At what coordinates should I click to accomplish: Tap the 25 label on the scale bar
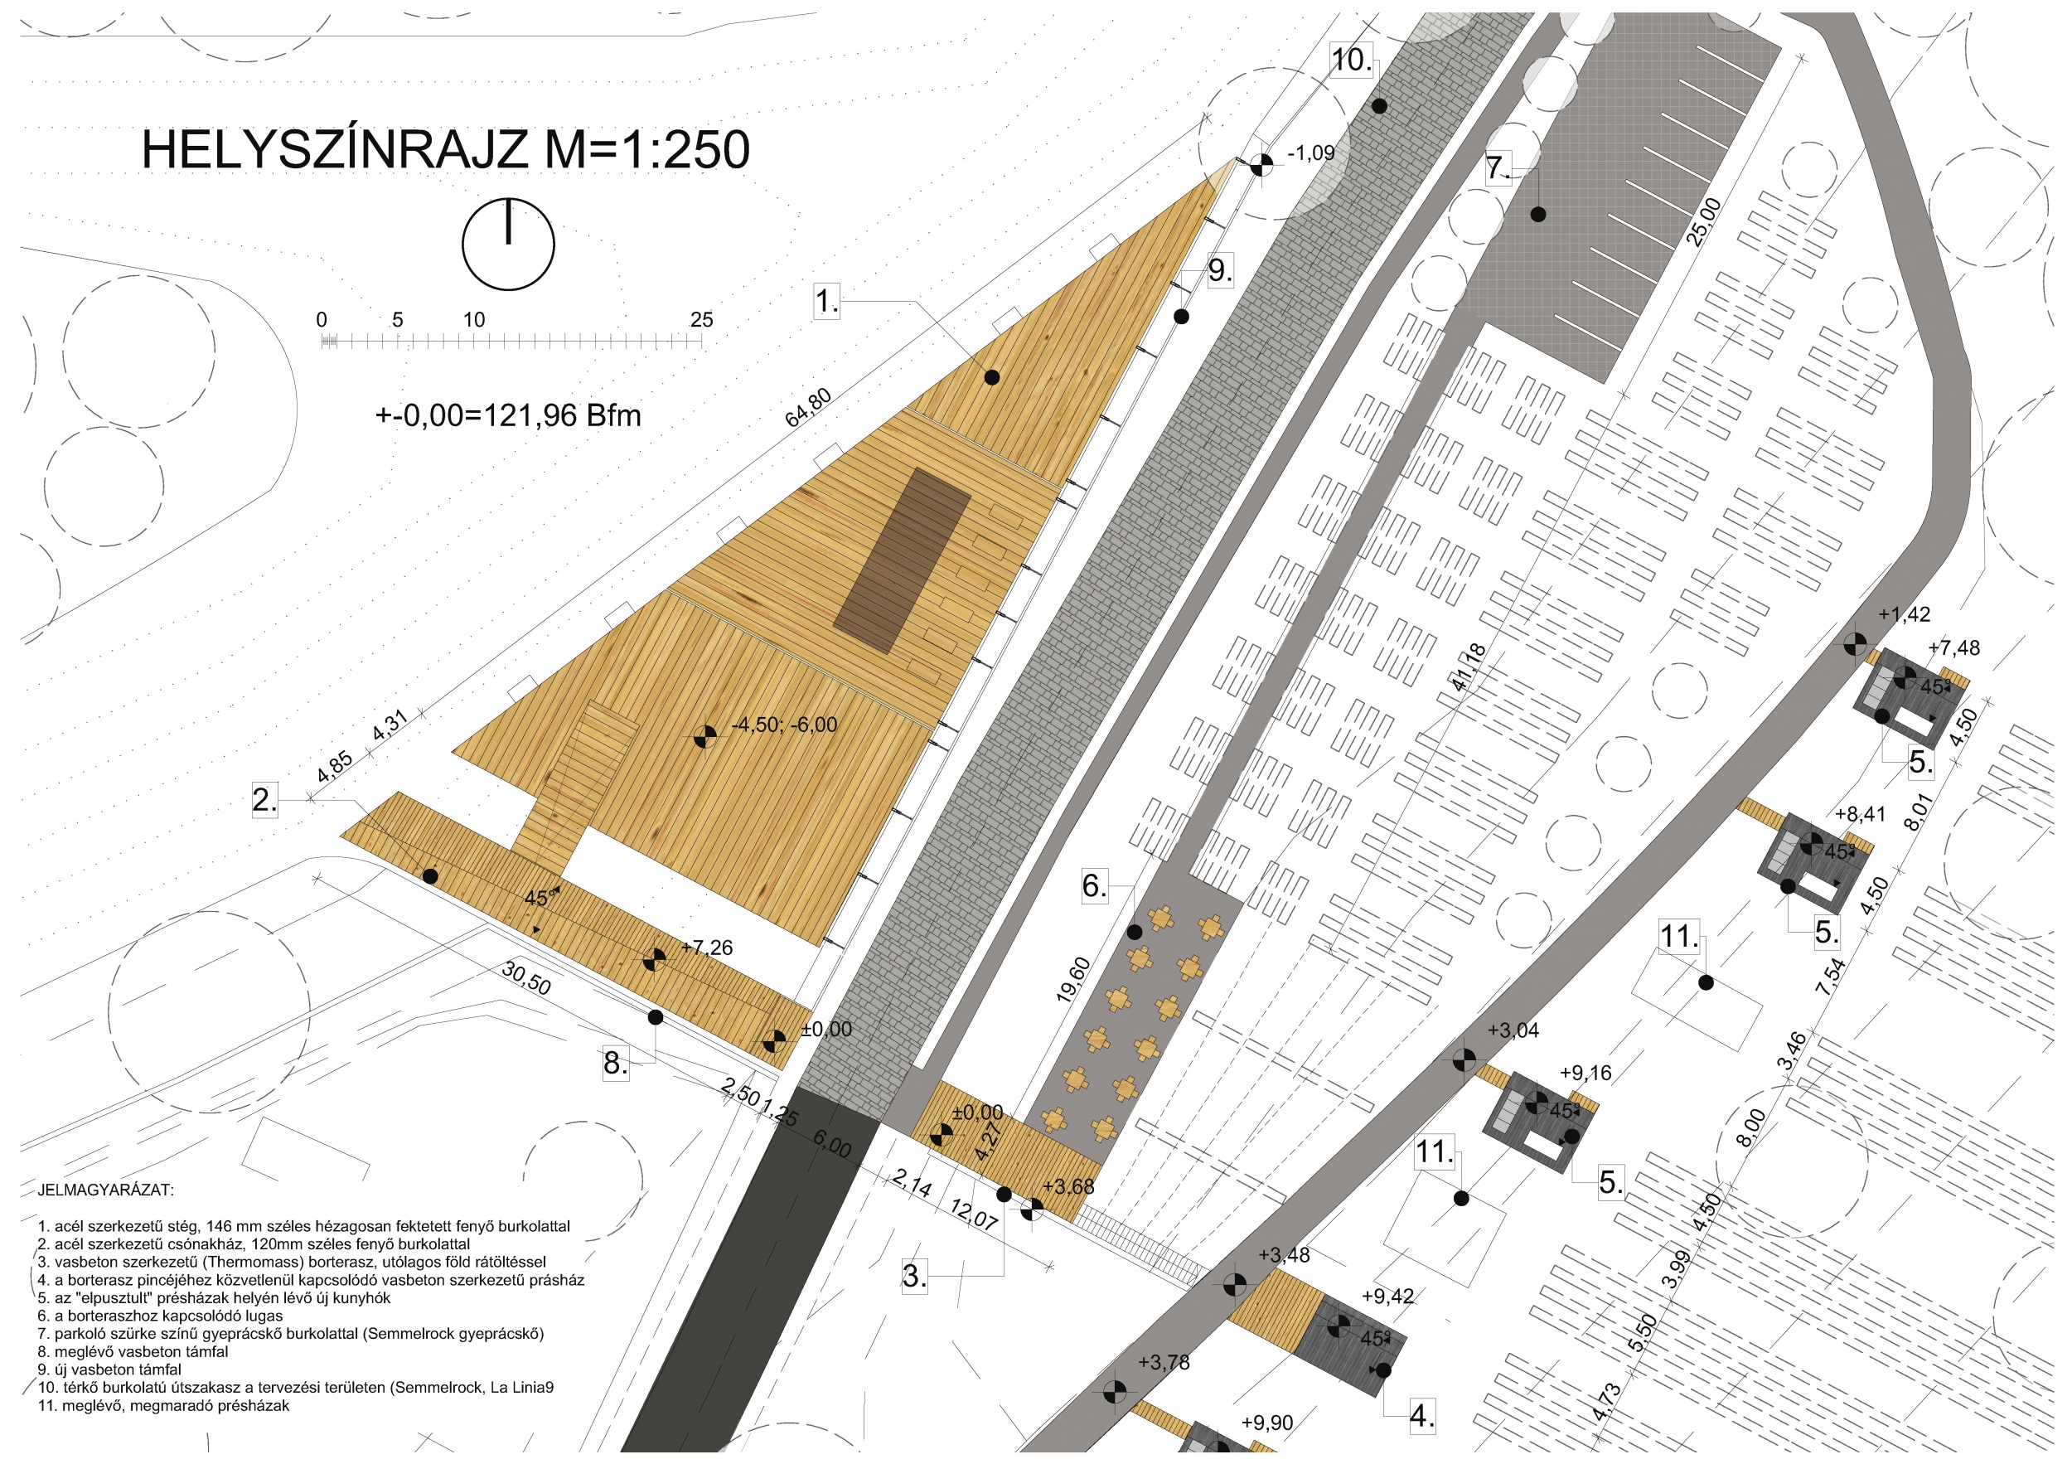tap(701, 319)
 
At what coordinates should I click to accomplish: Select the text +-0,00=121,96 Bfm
tap(508, 415)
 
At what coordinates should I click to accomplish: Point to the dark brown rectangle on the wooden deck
tap(902, 560)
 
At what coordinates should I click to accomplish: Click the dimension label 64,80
tap(809, 407)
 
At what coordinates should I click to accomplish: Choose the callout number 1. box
tap(826, 301)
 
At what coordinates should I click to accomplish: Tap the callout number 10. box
tap(1351, 60)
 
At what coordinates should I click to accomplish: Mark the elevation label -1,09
tap(1310, 153)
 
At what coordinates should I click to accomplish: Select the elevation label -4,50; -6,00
tap(784, 725)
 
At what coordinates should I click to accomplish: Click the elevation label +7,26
tap(707, 947)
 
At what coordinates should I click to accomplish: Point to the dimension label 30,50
tap(526, 978)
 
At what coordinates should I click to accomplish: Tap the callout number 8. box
tap(616, 1064)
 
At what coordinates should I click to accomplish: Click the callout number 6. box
tap(1094, 885)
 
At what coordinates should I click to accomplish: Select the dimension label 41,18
tap(1469, 668)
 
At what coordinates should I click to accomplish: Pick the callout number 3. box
tap(914, 1275)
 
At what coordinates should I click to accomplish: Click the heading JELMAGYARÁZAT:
tap(105, 1190)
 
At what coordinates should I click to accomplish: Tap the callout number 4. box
tap(1422, 1415)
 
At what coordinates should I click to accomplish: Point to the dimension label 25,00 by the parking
tap(1704, 222)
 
